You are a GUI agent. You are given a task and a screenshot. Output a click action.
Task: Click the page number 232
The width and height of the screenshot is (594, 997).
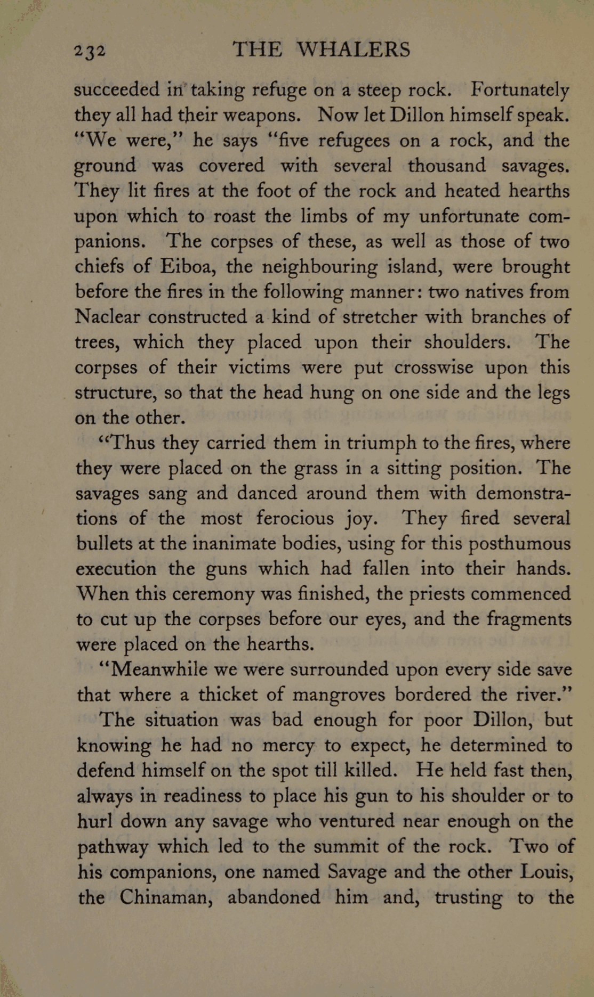click(x=90, y=51)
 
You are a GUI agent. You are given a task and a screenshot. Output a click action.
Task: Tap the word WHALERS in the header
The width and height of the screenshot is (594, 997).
click(x=353, y=50)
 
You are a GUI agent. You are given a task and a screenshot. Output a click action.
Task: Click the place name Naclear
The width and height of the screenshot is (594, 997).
click(x=108, y=317)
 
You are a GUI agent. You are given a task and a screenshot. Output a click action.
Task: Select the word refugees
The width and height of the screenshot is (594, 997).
click(x=356, y=141)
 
